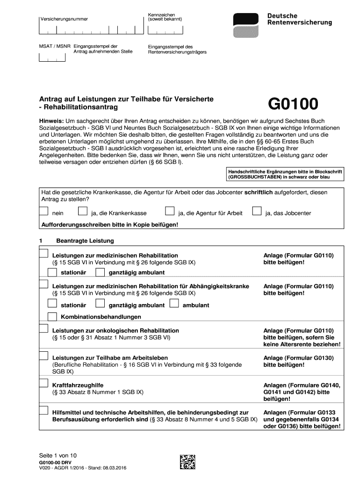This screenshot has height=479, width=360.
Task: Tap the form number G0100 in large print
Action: (293, 104)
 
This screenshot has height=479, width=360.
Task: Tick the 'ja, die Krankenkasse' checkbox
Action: (83, 211)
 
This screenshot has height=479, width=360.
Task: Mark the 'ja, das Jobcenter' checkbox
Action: (256, 211)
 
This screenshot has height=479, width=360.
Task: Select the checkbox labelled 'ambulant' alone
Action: (174, 303)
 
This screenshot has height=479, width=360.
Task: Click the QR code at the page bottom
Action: (187, 461)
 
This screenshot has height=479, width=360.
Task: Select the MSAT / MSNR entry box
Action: (51, 58)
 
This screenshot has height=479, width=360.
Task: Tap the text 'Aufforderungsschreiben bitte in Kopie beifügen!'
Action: (110, 225)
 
